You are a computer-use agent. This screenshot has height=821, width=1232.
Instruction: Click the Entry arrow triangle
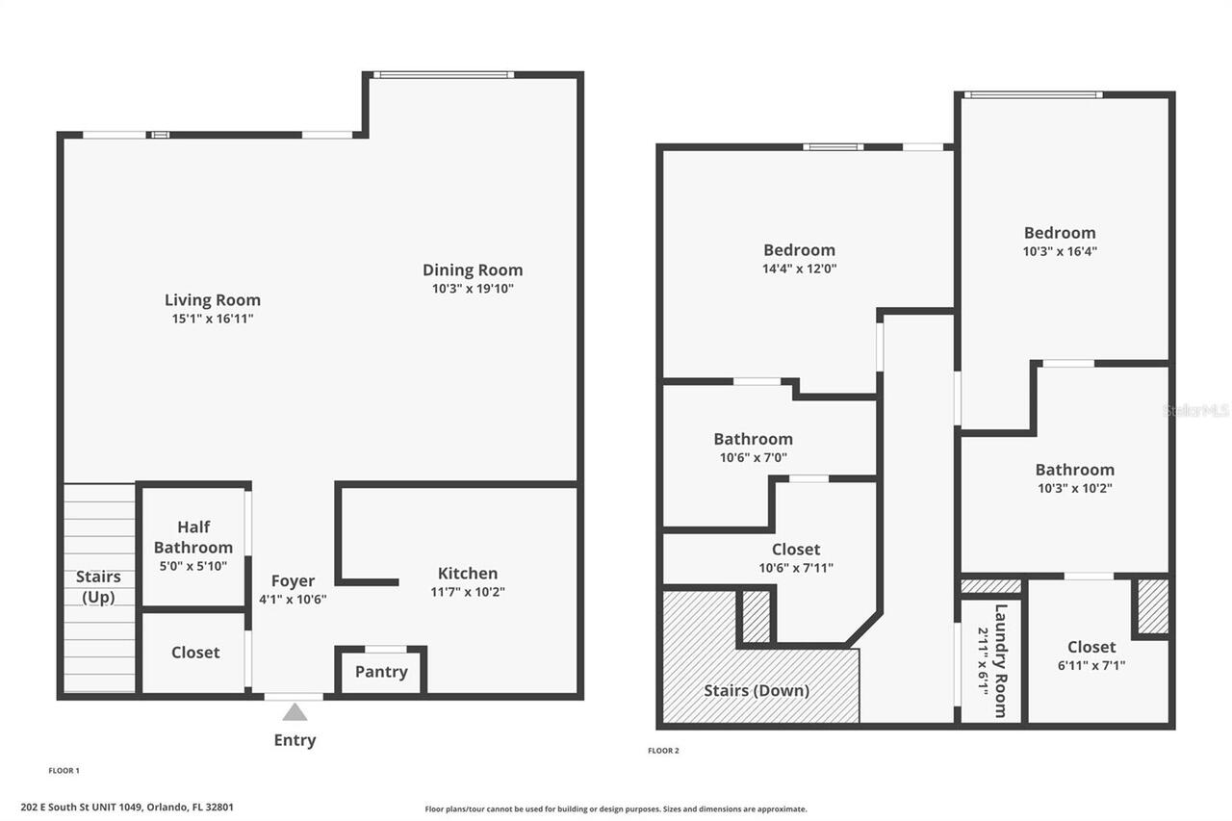295,712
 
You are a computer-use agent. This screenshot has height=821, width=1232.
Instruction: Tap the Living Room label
212,300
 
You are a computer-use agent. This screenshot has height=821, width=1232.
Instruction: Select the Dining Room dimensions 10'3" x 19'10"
473,289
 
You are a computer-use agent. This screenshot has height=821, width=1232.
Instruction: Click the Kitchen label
468,574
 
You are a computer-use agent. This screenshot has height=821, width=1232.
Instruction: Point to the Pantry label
381,672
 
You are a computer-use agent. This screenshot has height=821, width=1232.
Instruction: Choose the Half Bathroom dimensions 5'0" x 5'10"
192,566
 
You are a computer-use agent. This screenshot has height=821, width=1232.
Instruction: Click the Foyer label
293,581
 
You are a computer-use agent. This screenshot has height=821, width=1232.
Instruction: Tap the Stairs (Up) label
98,587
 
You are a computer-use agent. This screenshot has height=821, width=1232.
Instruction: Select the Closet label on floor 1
195,653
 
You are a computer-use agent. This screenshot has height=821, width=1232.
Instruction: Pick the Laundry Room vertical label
1000,660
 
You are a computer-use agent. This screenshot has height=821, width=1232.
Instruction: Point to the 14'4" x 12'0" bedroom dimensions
799,269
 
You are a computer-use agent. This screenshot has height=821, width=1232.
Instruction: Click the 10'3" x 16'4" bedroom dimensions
1059,251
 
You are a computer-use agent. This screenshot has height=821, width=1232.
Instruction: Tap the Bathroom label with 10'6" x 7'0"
753,439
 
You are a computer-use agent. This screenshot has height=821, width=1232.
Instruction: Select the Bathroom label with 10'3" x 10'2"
1074,470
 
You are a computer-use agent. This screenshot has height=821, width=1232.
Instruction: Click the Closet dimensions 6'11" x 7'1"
1091,665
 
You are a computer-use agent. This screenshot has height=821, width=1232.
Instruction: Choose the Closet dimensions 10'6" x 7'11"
796,568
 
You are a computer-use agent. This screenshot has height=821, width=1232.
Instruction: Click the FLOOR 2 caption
663,751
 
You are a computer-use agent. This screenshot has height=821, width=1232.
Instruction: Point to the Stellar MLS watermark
1196,411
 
